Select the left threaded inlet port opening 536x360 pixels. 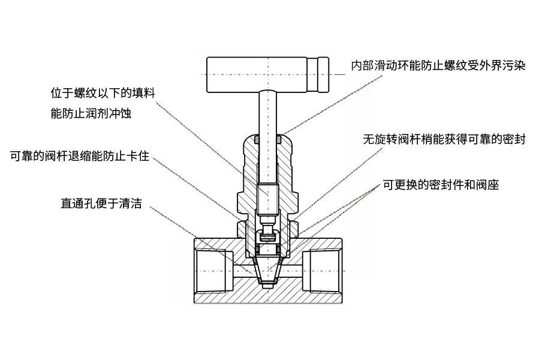pos(213,271)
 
